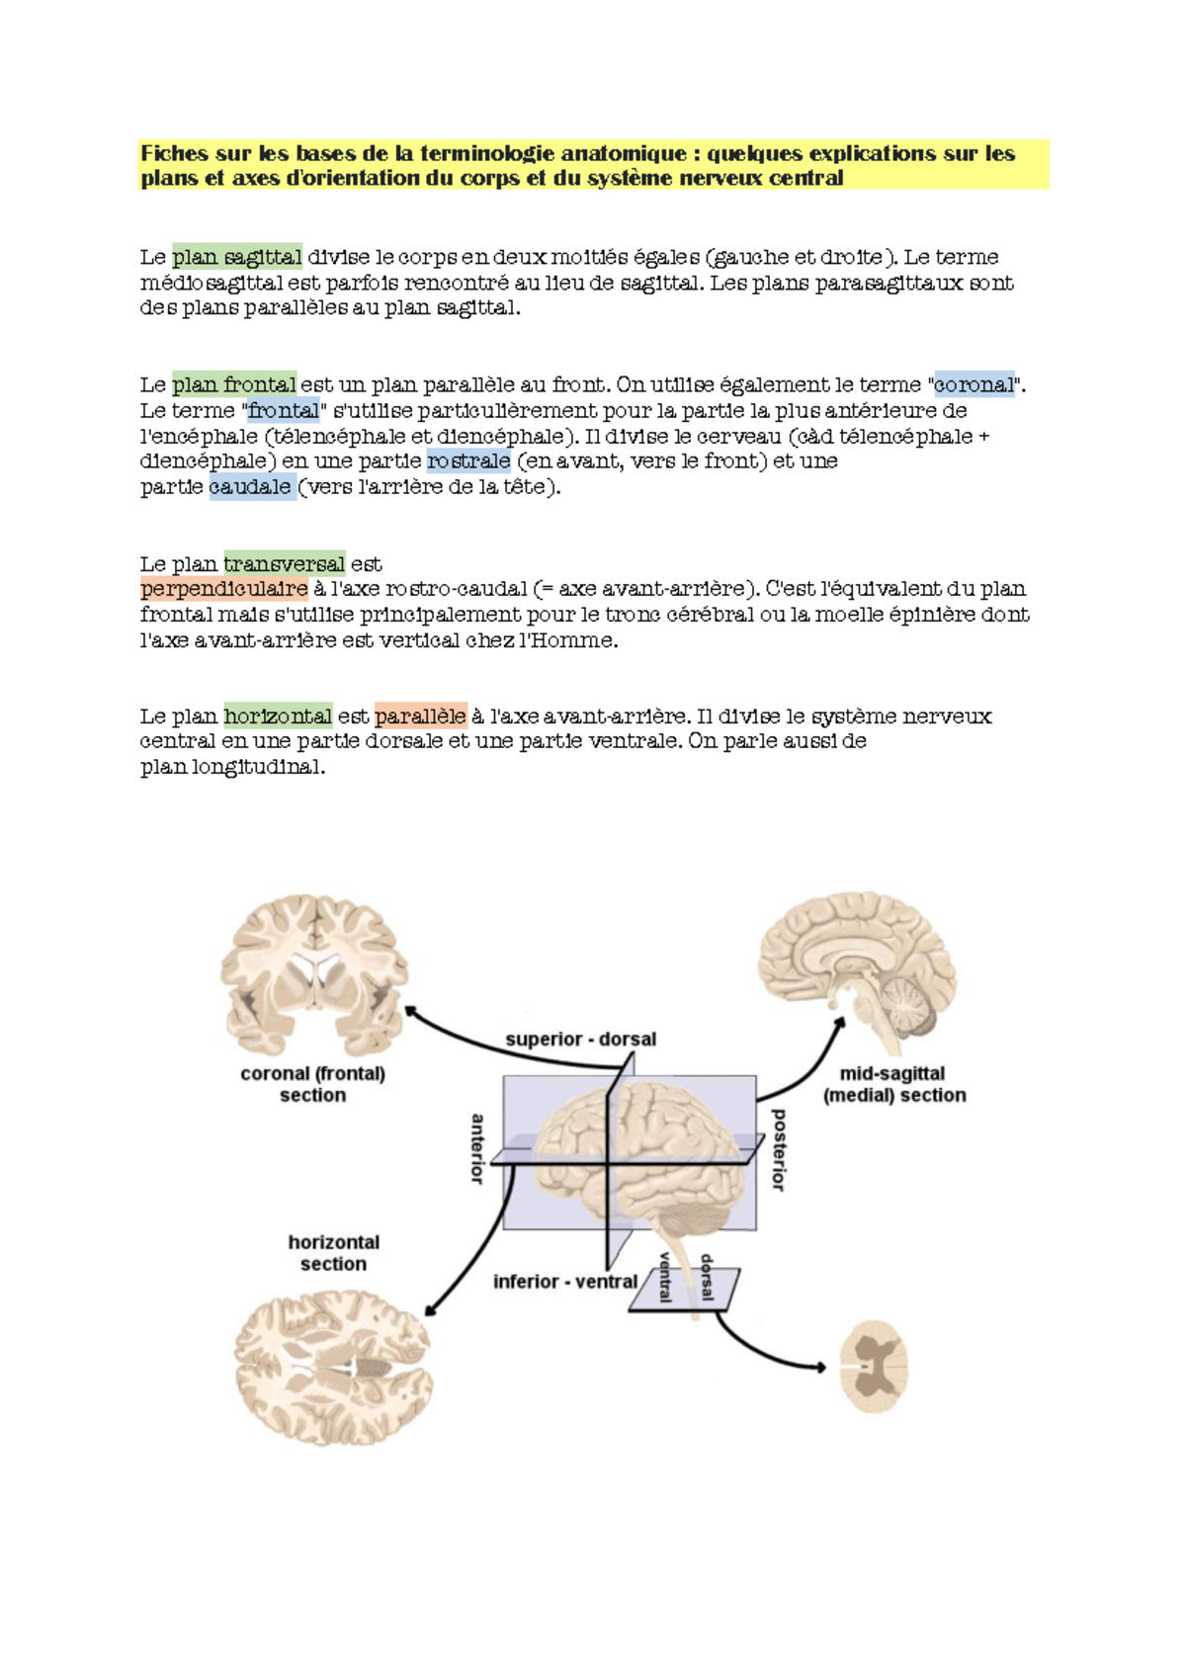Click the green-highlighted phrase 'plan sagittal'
[237, 257]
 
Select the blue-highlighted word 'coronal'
[974, 384]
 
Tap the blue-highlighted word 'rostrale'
[468, 461]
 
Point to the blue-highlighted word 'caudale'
[252, 486]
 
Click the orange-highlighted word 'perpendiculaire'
[224, 589]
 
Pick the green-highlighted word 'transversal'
[285, 563]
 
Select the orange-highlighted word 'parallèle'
[420, 715]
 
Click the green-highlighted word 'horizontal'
[278, 715]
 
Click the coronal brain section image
[314, 973]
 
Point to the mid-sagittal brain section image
[857, 968]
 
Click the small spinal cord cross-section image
[874, 1367]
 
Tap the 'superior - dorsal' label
[580, 1039]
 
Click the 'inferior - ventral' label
[564, 1281]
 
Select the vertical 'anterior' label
[477, 1148]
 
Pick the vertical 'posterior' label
[779, 1148]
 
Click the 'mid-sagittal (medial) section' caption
[893, 1084]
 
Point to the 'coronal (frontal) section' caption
[312, 1084]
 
